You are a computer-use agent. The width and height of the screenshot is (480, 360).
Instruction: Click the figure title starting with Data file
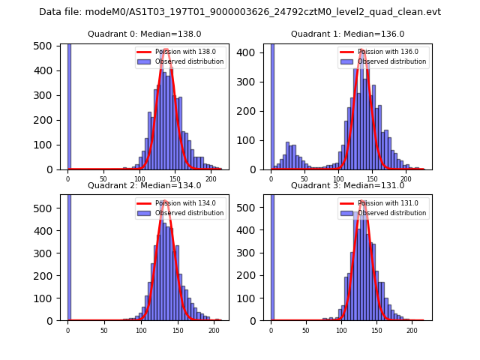point(240,12)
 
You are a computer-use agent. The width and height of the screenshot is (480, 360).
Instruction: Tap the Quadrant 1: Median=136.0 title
point(347,34)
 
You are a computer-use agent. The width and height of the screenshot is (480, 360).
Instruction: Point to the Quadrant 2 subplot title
point(144,185)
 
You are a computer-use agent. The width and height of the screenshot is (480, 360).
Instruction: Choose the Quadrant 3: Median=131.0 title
point(347,185)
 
